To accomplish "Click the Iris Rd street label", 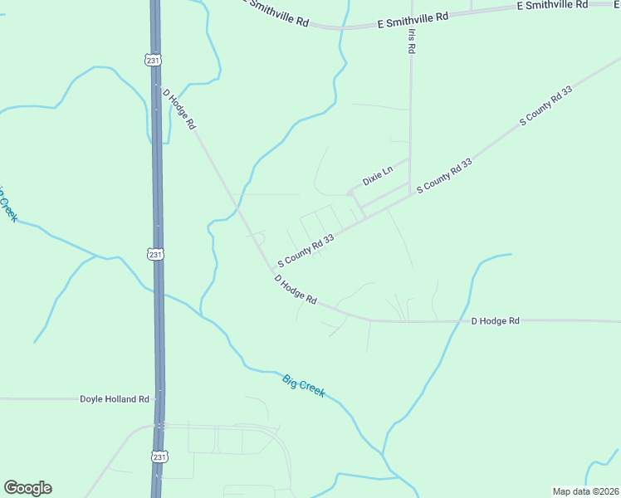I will [x=411, y=41].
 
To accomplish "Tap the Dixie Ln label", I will [x=377, y=176].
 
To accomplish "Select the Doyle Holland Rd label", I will [x=115, y=399].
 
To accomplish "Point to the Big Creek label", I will [x=304, y=386].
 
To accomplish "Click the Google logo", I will [x=27, y=488].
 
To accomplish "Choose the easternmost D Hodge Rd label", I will [x=495, y=320].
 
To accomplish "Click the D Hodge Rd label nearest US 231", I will [x=179, y=109].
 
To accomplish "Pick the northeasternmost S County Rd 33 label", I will [x=546, y=105].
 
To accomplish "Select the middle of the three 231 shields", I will [x=156, y=255].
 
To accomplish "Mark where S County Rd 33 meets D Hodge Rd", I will [x=273, y=271].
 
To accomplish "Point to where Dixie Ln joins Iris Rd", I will [x=410, y=158].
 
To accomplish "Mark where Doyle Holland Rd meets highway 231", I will [x=158, y=399].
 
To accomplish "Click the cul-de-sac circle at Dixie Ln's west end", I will [x=350, y=193].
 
